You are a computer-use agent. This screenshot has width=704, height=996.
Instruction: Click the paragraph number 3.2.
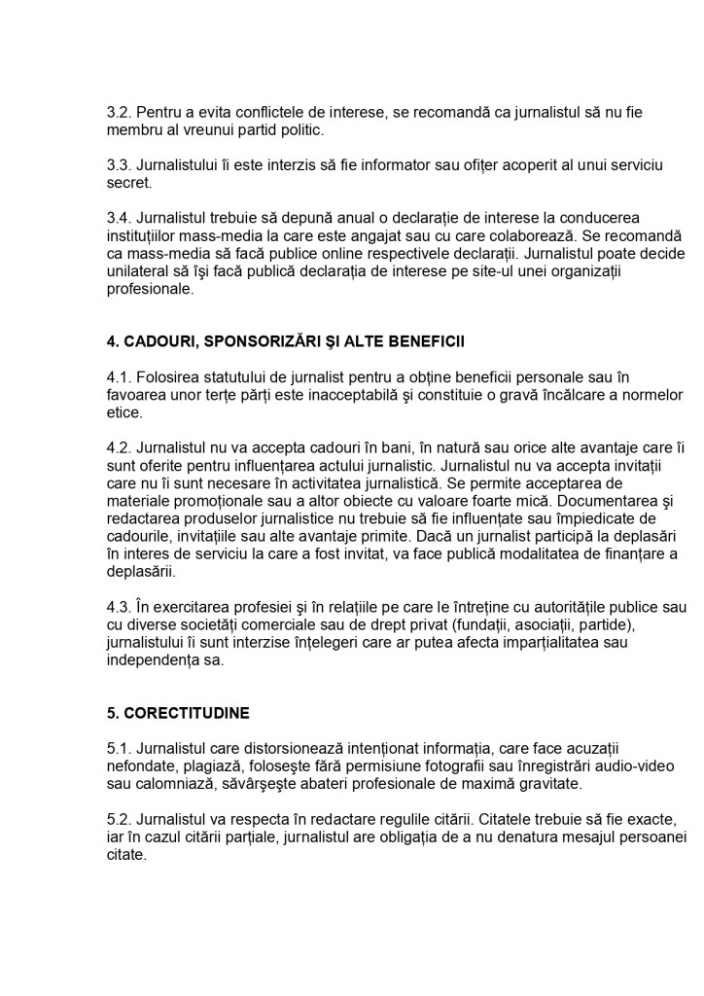click(119, 113)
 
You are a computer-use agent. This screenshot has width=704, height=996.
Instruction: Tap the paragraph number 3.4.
click(119, 218)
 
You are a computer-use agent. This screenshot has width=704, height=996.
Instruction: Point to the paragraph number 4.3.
click(119, 607)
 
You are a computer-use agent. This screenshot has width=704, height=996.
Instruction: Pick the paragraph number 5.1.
click(119, 748)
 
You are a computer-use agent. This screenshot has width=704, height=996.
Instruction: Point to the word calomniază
click(172, 783)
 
